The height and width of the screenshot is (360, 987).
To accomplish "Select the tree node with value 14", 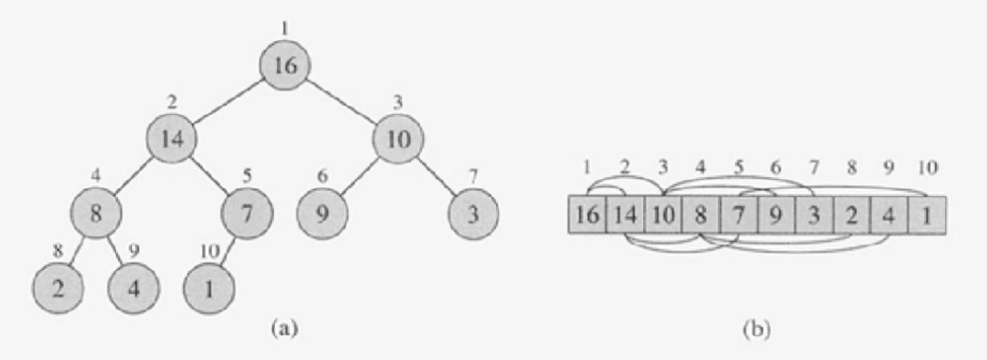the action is (x=172, y=139).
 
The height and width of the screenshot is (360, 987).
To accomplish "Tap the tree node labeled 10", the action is (x=398, y=139).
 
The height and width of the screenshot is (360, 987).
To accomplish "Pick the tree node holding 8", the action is (x=96, y=214).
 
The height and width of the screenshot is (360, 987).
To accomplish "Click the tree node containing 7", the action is (x=248, y=214).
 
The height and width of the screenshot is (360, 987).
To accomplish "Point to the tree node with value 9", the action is (x=322, y=214).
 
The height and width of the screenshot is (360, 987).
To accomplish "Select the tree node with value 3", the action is (x=474, y=214).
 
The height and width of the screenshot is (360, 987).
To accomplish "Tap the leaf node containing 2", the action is (x=59, y=288).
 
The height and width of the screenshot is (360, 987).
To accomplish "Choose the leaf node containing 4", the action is (x=134, y=288).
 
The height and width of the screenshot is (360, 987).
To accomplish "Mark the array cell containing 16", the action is (x=587, y=215).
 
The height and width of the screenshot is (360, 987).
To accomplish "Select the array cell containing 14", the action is (x=625, y=215).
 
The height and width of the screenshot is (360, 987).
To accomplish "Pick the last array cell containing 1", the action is (x=927, y=215).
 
